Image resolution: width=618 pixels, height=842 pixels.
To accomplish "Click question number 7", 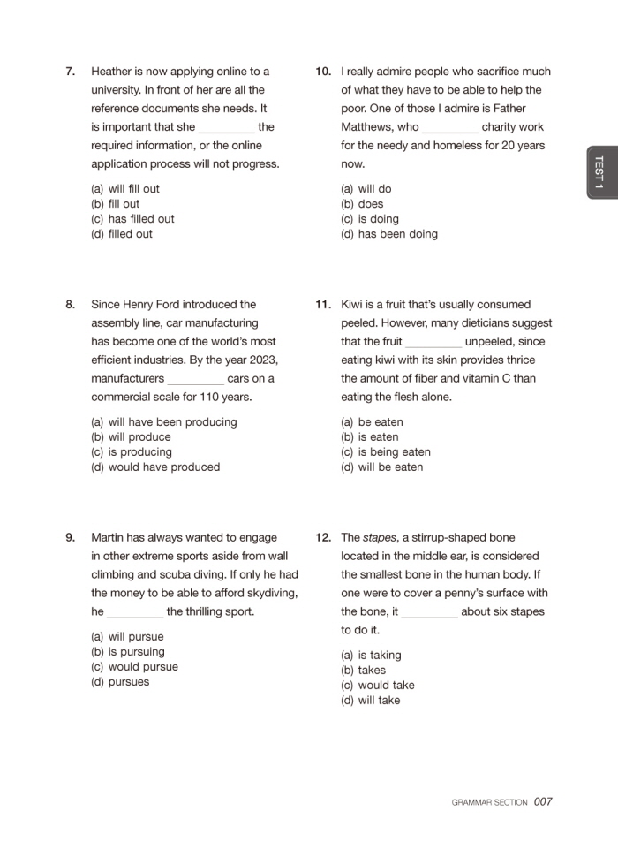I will point(70,72).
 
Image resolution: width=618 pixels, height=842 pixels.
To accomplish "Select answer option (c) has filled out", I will point(132,219).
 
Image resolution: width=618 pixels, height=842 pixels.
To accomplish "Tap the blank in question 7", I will point(226,127).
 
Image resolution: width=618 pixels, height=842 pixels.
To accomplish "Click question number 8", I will point(70,305).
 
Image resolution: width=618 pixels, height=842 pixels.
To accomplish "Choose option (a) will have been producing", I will point(163,422).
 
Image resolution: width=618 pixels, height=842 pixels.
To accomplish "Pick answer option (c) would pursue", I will point(134,667).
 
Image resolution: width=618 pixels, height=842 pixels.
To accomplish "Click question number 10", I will point(322,72).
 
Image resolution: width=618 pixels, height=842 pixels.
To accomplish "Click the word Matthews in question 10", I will point(367,127).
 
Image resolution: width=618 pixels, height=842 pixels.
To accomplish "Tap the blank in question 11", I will point(433,342).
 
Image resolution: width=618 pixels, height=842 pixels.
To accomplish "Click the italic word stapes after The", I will point(381,537).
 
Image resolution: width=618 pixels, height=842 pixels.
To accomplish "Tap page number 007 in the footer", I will point(543,802).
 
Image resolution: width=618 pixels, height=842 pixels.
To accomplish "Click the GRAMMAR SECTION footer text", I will point(489,803).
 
